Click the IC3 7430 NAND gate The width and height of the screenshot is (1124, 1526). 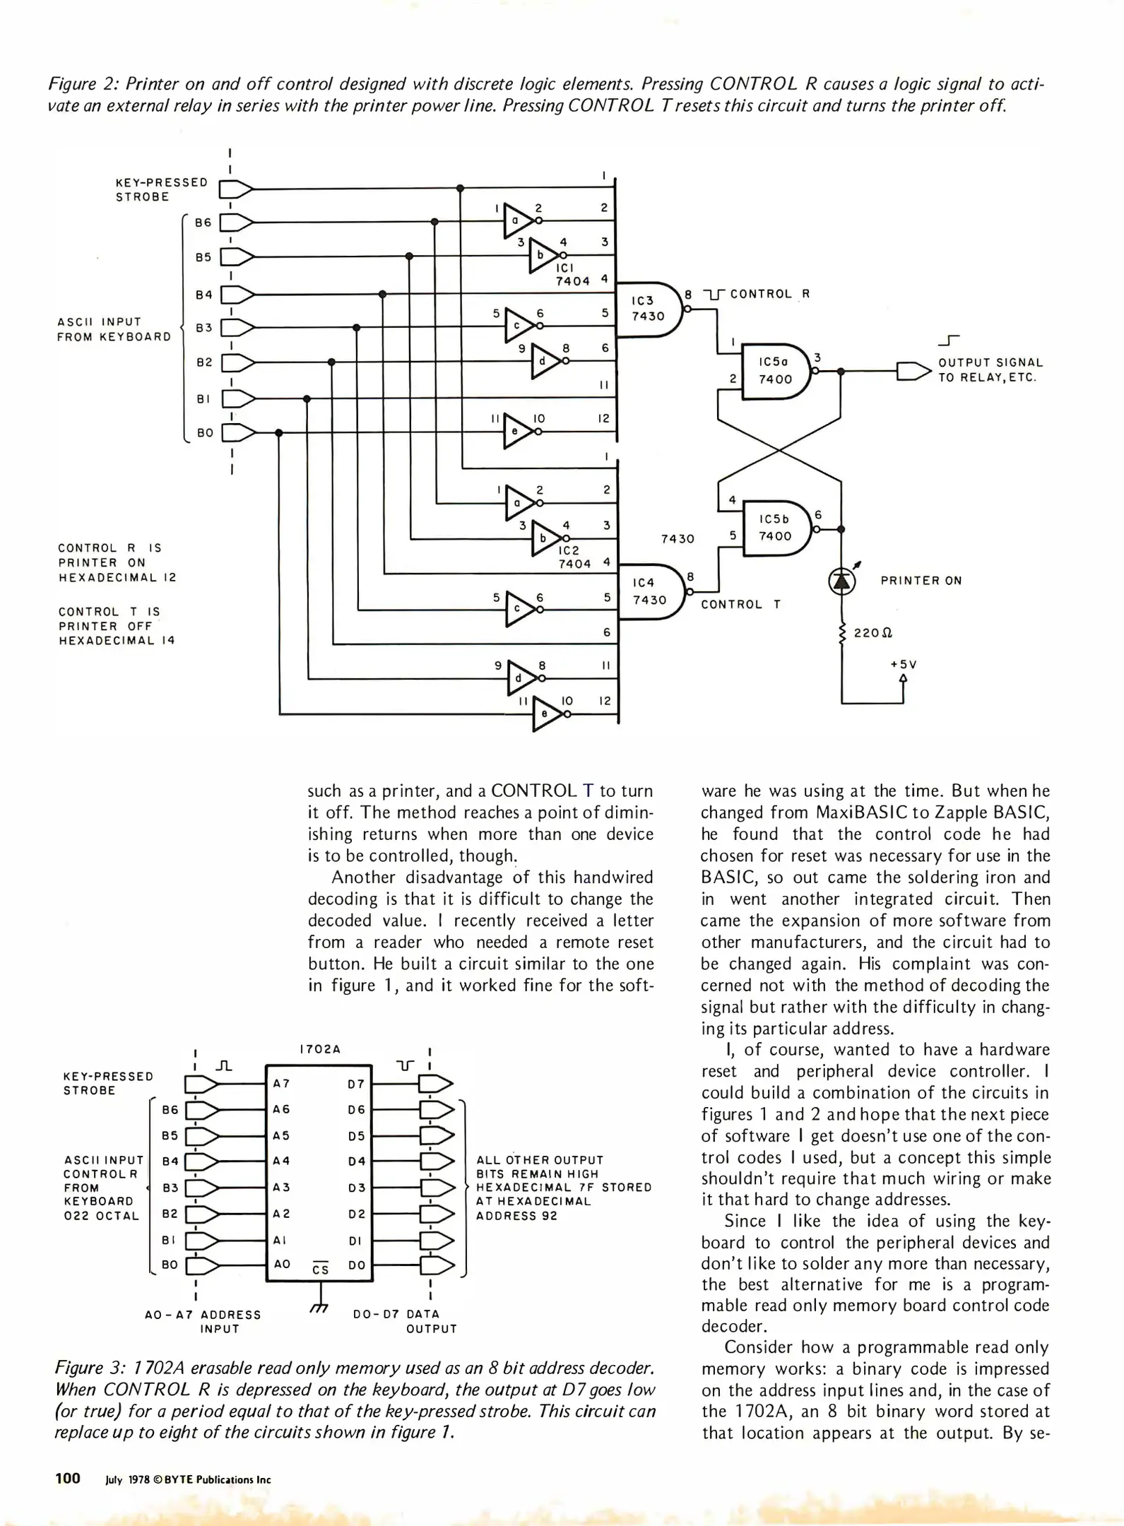(x=649, y=309)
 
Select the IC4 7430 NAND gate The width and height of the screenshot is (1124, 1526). (x=649, y=592)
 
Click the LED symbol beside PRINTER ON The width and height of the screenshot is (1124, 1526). (x=841, y=581)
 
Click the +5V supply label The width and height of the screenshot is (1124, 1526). (x=903, y=665)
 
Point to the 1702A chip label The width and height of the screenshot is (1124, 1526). (x=320, y=1049)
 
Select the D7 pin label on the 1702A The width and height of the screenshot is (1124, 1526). (x=357, y=1083)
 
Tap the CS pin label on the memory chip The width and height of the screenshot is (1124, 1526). (x=321, y=1269)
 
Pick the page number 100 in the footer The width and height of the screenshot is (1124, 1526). (x=68, y=1478)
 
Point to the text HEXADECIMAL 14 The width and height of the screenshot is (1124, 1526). (x=117, y=641)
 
